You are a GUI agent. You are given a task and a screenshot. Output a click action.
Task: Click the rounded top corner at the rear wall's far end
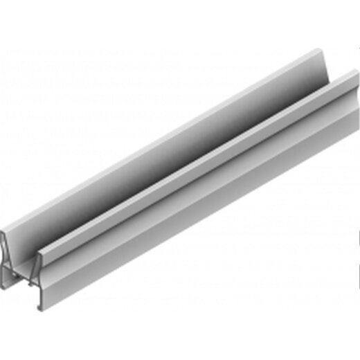(325, 51)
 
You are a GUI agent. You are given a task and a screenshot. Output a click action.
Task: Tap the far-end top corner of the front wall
(351, 74)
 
